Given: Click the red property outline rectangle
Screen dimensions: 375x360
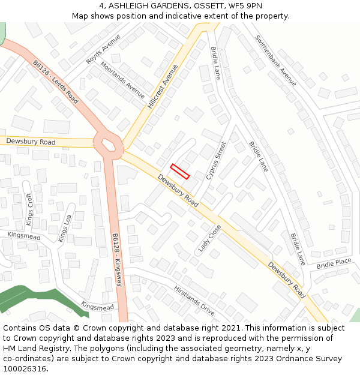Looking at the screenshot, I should [180, 171].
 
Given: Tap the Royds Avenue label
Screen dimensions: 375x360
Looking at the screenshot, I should [103, 49].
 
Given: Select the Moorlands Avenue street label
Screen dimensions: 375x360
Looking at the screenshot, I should [122, 80].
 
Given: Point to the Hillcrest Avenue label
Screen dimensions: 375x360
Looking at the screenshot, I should [163, 86].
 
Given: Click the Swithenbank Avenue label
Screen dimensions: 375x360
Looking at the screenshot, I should [275, 60].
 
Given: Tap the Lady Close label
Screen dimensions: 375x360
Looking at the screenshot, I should [210, 238].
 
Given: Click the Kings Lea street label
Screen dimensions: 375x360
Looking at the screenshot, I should [65, 227].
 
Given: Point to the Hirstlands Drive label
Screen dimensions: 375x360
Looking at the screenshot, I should [194, 301].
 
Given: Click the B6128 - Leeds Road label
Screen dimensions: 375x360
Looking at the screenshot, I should [56, 82].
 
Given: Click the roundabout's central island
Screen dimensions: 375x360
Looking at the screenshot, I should [109, 145].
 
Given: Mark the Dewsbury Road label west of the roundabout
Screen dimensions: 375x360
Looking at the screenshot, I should [31, 142].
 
